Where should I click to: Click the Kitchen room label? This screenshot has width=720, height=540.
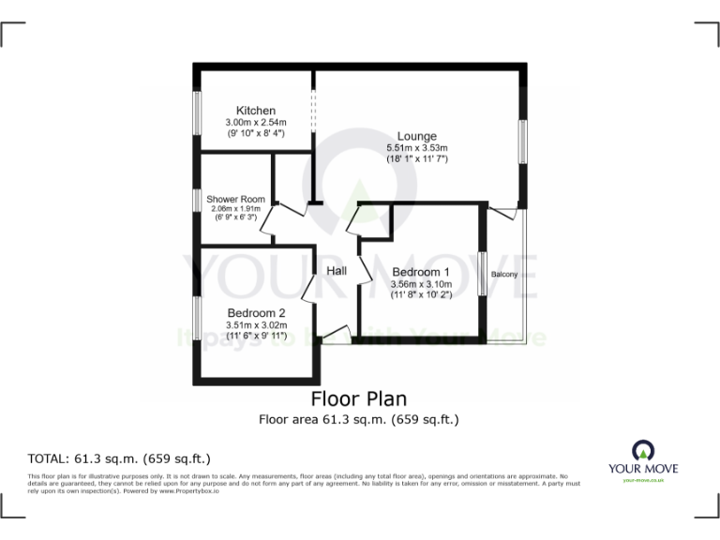coord(255,111)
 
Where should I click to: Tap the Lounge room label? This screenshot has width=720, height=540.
coord(416,137)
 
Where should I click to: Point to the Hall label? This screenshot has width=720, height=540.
coord(337,271)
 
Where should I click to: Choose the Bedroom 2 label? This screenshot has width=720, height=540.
coord(256,313)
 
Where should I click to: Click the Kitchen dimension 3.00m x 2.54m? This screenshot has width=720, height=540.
coord(255,123)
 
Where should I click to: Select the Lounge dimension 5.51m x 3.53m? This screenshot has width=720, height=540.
coord(417,148)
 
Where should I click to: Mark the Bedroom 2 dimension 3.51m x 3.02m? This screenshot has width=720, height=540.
coord(256,325)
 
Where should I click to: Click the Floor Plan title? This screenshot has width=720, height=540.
coord(359,398)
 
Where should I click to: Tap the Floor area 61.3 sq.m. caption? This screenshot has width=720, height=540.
coord(359,419)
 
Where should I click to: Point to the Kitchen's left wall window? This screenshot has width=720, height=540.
coord(197,118)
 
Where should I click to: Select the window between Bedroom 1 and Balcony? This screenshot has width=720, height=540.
coord(482,275)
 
